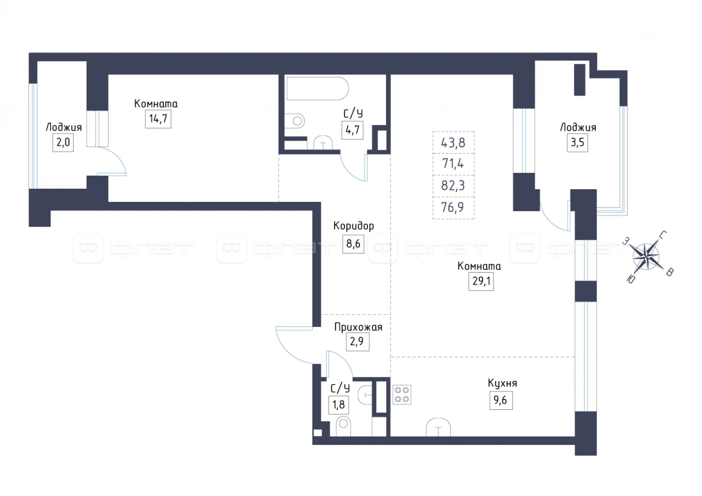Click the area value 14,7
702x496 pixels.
click(x=158, y=119)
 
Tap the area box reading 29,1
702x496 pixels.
click(x=481, y=281)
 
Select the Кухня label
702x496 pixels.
click(x=502, y=384)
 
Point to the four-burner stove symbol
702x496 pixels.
click(x=402, y=394)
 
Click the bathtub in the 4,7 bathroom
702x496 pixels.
click(x=318, y=88)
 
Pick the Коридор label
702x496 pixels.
click(x=354, y=226)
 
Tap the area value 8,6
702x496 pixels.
click(x=353, y=244)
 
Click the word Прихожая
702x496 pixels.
click(x=358, y=328)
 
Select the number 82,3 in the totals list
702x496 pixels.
click(x=453, y=185)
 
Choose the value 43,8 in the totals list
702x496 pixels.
click(x=453, y=143)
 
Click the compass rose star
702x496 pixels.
click(x=646, y=257)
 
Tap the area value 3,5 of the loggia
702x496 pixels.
click(x=578, y=143)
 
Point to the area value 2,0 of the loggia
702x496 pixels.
click(x=63, y=143)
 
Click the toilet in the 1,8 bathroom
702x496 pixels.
click(x=343, y=426)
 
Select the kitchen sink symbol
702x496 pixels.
click(x=438, y=427)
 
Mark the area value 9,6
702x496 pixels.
click(x=501, y=401)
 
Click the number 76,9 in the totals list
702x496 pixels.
click(x=452, y=207)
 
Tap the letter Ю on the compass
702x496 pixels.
click(x=631, y=279)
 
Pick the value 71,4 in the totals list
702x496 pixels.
click(x=453, y=164)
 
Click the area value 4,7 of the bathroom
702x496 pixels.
click(x=352, y=130)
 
